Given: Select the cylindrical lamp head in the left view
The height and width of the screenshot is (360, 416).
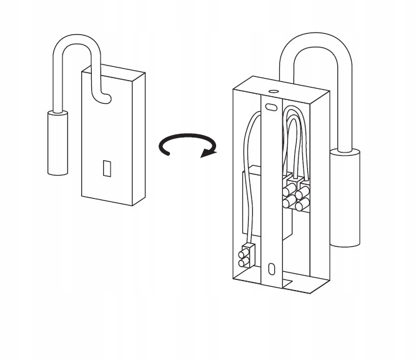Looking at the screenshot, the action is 57,142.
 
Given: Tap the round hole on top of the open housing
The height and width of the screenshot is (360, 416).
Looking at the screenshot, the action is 272,91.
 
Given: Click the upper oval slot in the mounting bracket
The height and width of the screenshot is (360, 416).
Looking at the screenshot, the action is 271,107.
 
